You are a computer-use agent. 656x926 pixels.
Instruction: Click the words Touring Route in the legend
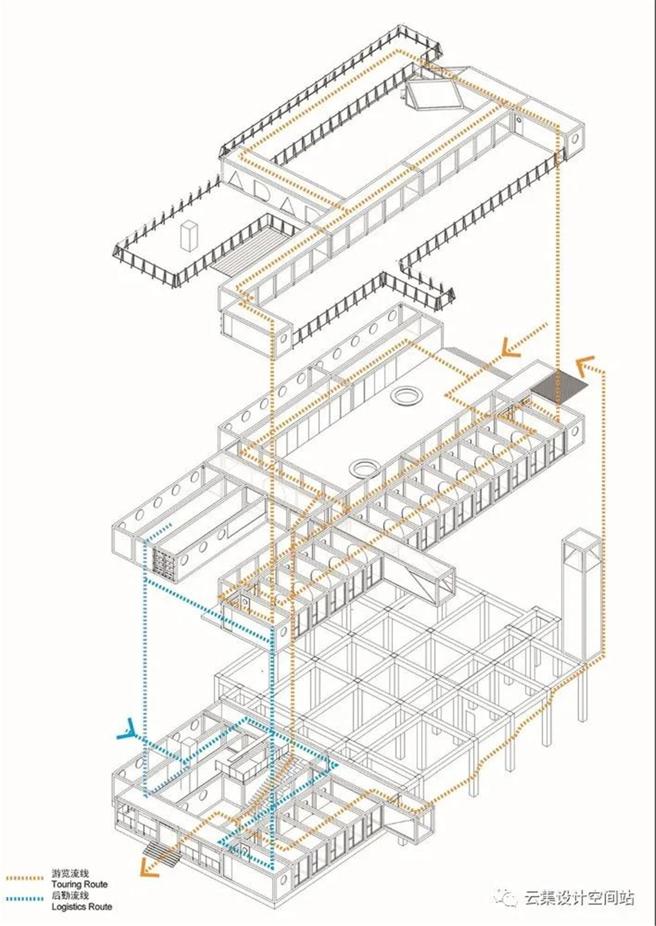(79, 885)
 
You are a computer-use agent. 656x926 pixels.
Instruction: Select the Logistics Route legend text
(81, 907)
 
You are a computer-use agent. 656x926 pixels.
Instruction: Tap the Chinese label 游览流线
(70, 874)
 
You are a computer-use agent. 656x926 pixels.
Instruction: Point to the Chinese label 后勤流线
(70, 896)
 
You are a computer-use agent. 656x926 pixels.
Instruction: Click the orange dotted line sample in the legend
(25, 877)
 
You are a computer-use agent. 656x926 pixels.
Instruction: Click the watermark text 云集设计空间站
(579, 894)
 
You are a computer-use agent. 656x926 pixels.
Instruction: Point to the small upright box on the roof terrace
(190, 236)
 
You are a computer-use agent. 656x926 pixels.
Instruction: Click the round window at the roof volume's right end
(575, 138)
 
